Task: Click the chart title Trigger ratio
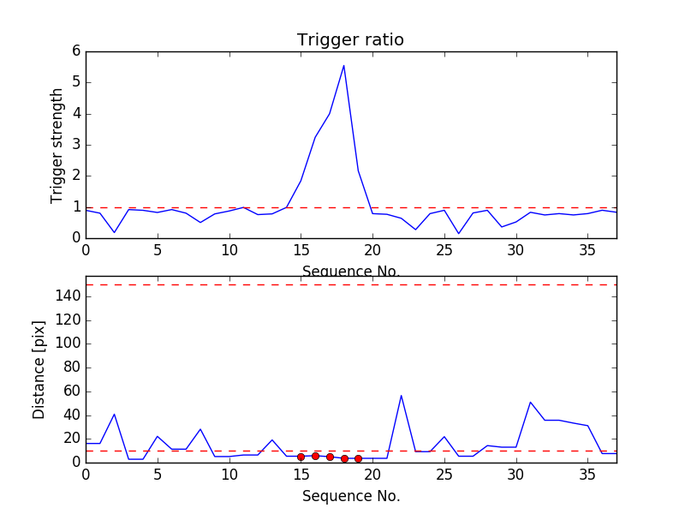(x=350, y=40)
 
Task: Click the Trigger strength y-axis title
(x=57, y=145)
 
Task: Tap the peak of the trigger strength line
(x=343, y=65)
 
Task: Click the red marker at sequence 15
(x=301, y=457)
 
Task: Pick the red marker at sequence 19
(x=358, y=458)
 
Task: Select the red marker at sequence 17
(x=330, y=457)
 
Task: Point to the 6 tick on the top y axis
(x=75, y=51)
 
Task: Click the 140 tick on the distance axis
(x=69, y=296)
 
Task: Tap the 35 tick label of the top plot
(x=587, y=251)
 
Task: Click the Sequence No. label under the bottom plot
(x=351, y=496)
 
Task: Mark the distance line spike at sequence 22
(x=401, y=395)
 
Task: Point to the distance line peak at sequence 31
(x=530, y=402)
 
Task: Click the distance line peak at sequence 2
(x=114, y=414)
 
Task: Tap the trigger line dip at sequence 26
(x=458, y=233)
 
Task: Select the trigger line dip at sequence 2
(x=114, y=232)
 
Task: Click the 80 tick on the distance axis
(x=72, y=368)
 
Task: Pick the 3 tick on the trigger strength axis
(x=75, y=145)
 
